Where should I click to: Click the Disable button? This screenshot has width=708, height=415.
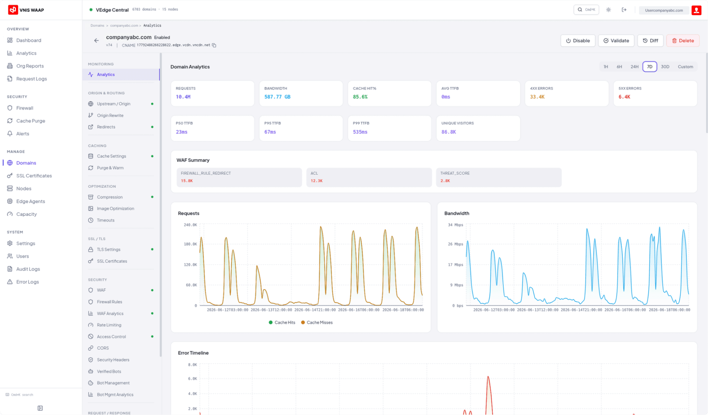pyautogui.click(x=578, y=41)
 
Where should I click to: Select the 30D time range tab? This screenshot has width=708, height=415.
pyautogui.click(x=665, y=67)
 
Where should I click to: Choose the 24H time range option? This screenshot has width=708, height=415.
pyautogui.click(x=634, y=67)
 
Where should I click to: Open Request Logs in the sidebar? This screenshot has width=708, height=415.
pyautogui.click(x=32, y=79)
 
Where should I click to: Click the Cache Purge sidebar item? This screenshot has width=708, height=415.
pyautogui.click(x=30, y=121)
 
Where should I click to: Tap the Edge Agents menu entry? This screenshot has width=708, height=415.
pyautogui.click(x=30, y=201)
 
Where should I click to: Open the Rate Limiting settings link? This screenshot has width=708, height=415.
pyautogui.click(x=109, y=325)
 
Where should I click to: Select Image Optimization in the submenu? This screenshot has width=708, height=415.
pyautogui.click(x=115, y=209)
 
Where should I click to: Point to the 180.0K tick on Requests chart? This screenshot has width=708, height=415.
pyautogui.click(x=190, y=244)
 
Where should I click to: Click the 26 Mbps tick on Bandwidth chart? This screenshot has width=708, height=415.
pyautogui.click(x=455, y=244)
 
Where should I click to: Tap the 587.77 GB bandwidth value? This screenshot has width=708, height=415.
pyautogui.click(x=277, y=97)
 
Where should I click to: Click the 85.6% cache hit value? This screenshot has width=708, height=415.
pyautogui.click(x=360, y=97)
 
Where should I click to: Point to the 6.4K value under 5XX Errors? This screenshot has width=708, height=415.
pyautogui.click(x=624, y=97)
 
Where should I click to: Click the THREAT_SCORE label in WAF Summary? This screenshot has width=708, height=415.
pyautogui.click(x=455, y=173)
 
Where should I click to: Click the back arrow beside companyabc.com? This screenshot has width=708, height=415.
pyautogui.click(x=96, y=41)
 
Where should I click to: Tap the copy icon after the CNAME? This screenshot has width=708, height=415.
pyautogui.click(x=214, y=45)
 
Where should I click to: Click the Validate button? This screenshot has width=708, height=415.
pyautogui.click(x=616, y=41)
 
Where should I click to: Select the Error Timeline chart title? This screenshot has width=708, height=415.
pyautogui.click(x=193, y=353)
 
